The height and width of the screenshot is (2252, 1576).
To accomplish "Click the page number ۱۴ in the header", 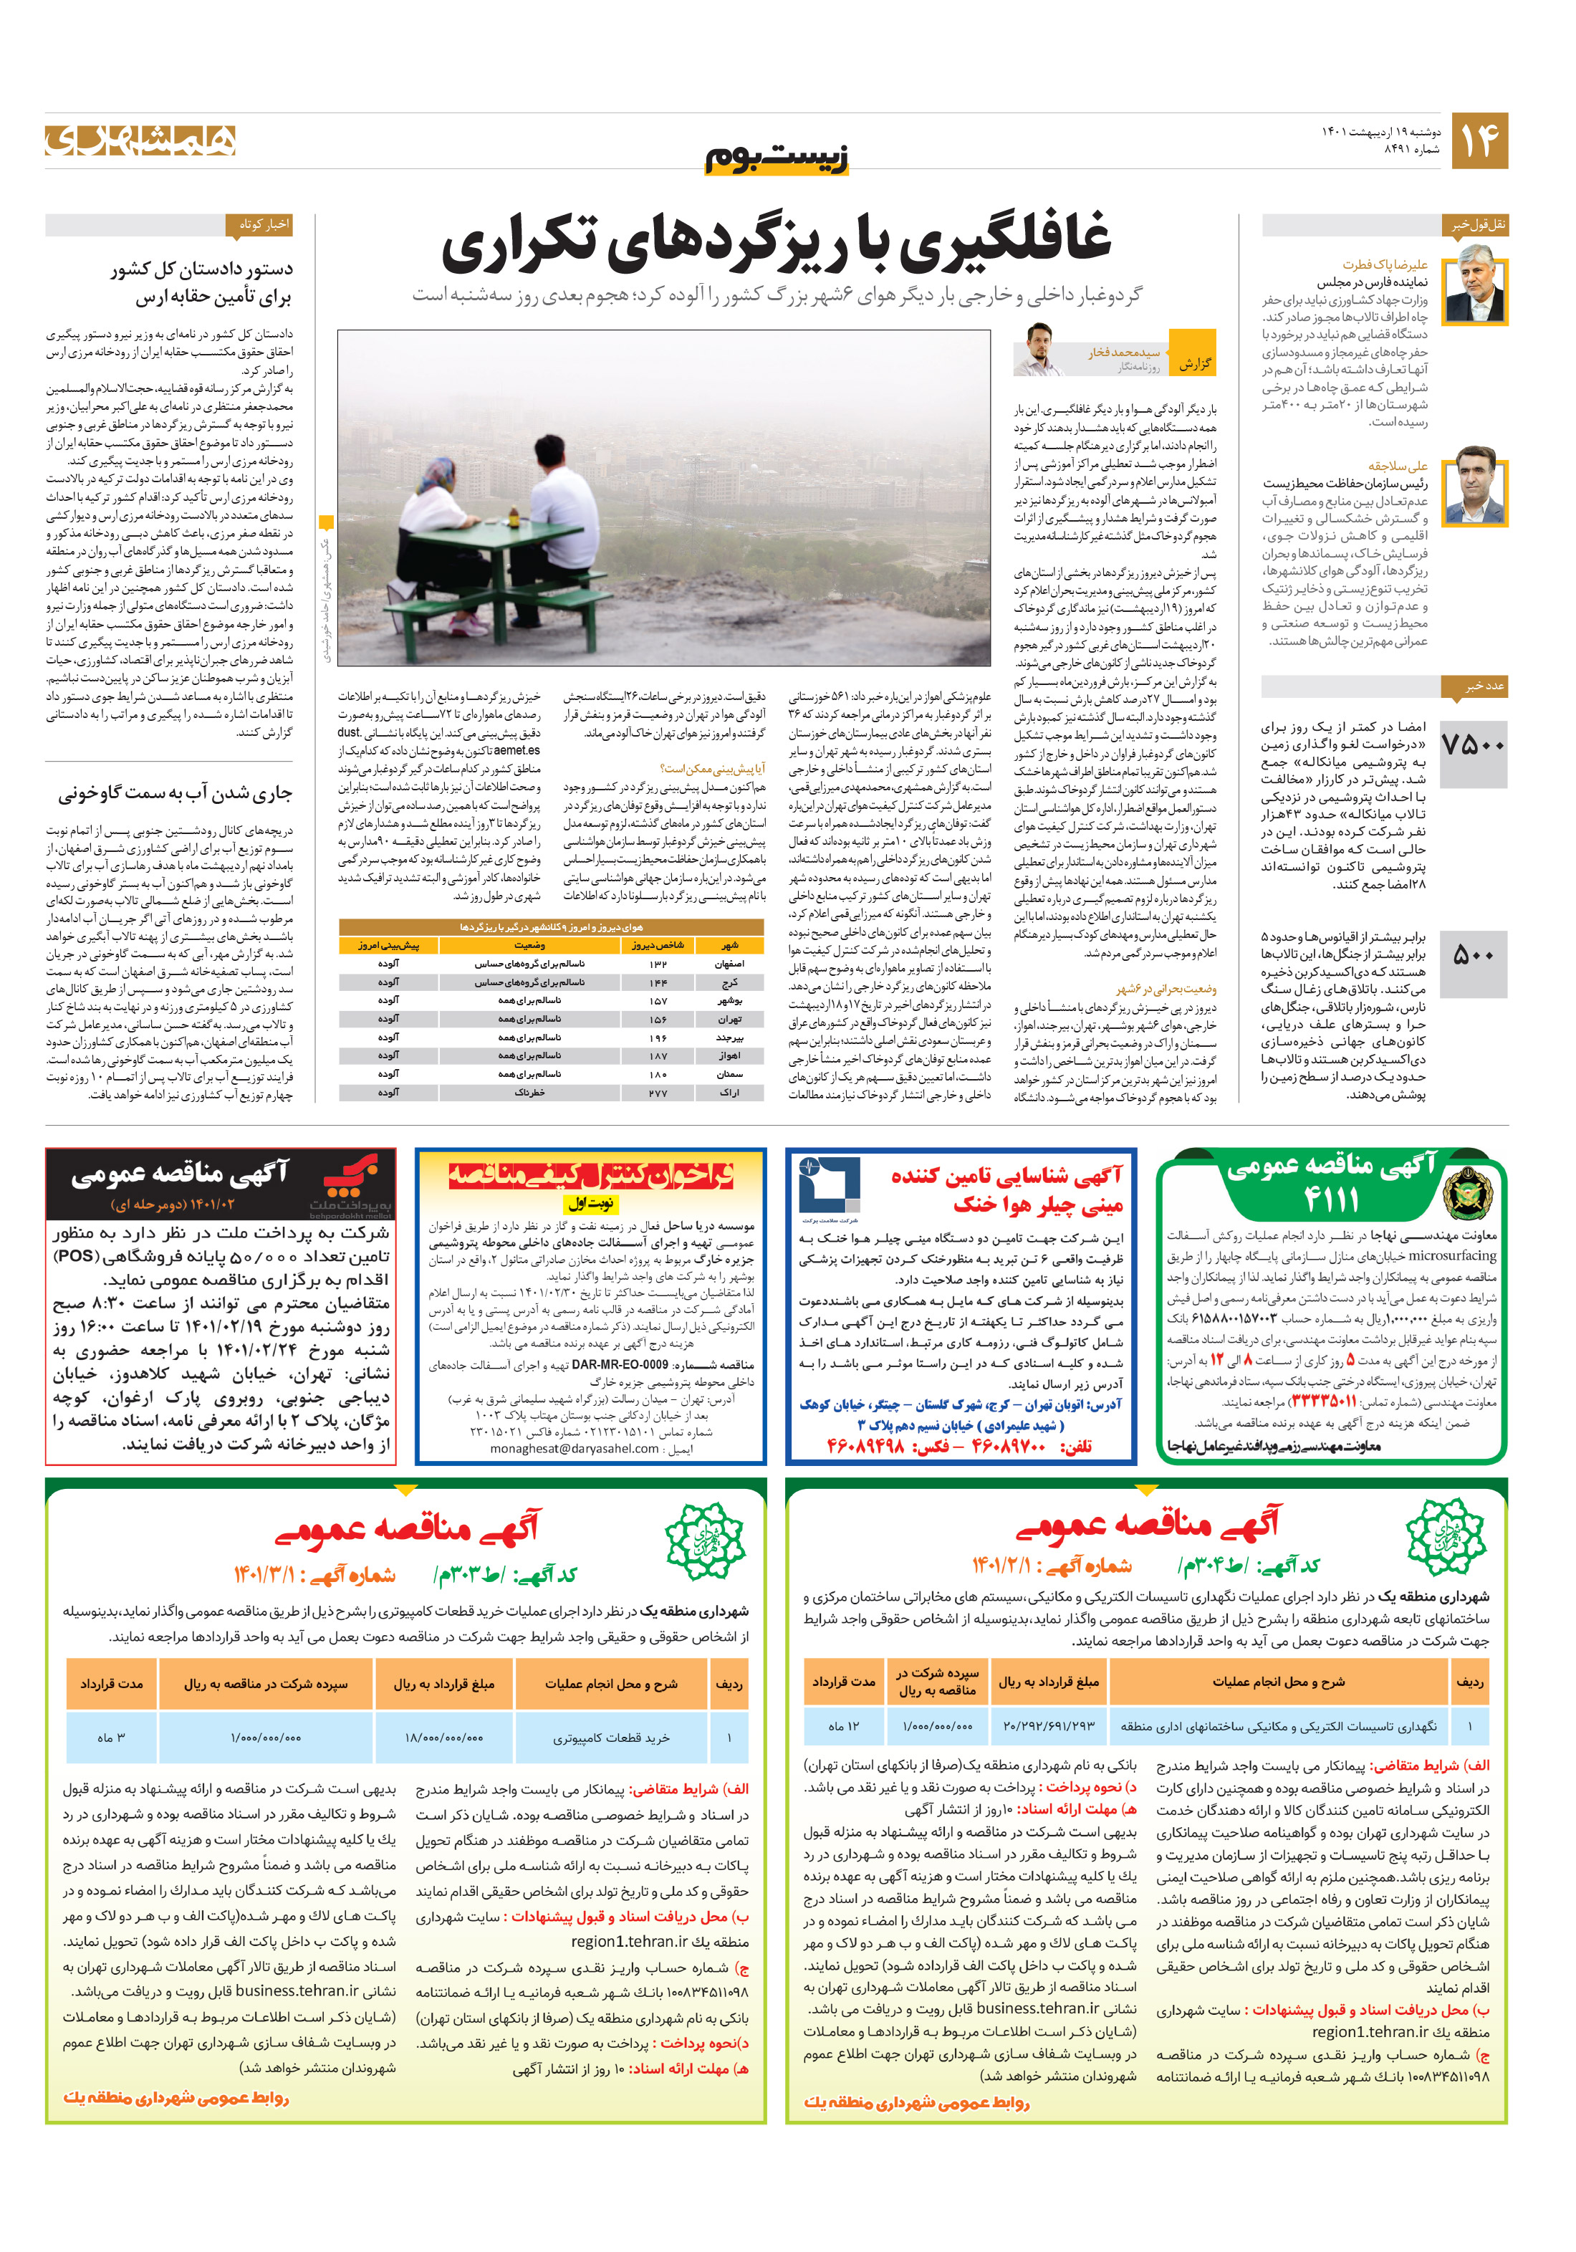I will click(x=1479, y=140).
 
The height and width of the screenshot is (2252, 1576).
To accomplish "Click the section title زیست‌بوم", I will click(x=777, y=158).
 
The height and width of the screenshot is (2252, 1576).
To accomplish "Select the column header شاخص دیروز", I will click(x=657, y=946).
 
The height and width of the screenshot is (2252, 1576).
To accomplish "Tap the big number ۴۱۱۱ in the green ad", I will click(x=1332, y=1199).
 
